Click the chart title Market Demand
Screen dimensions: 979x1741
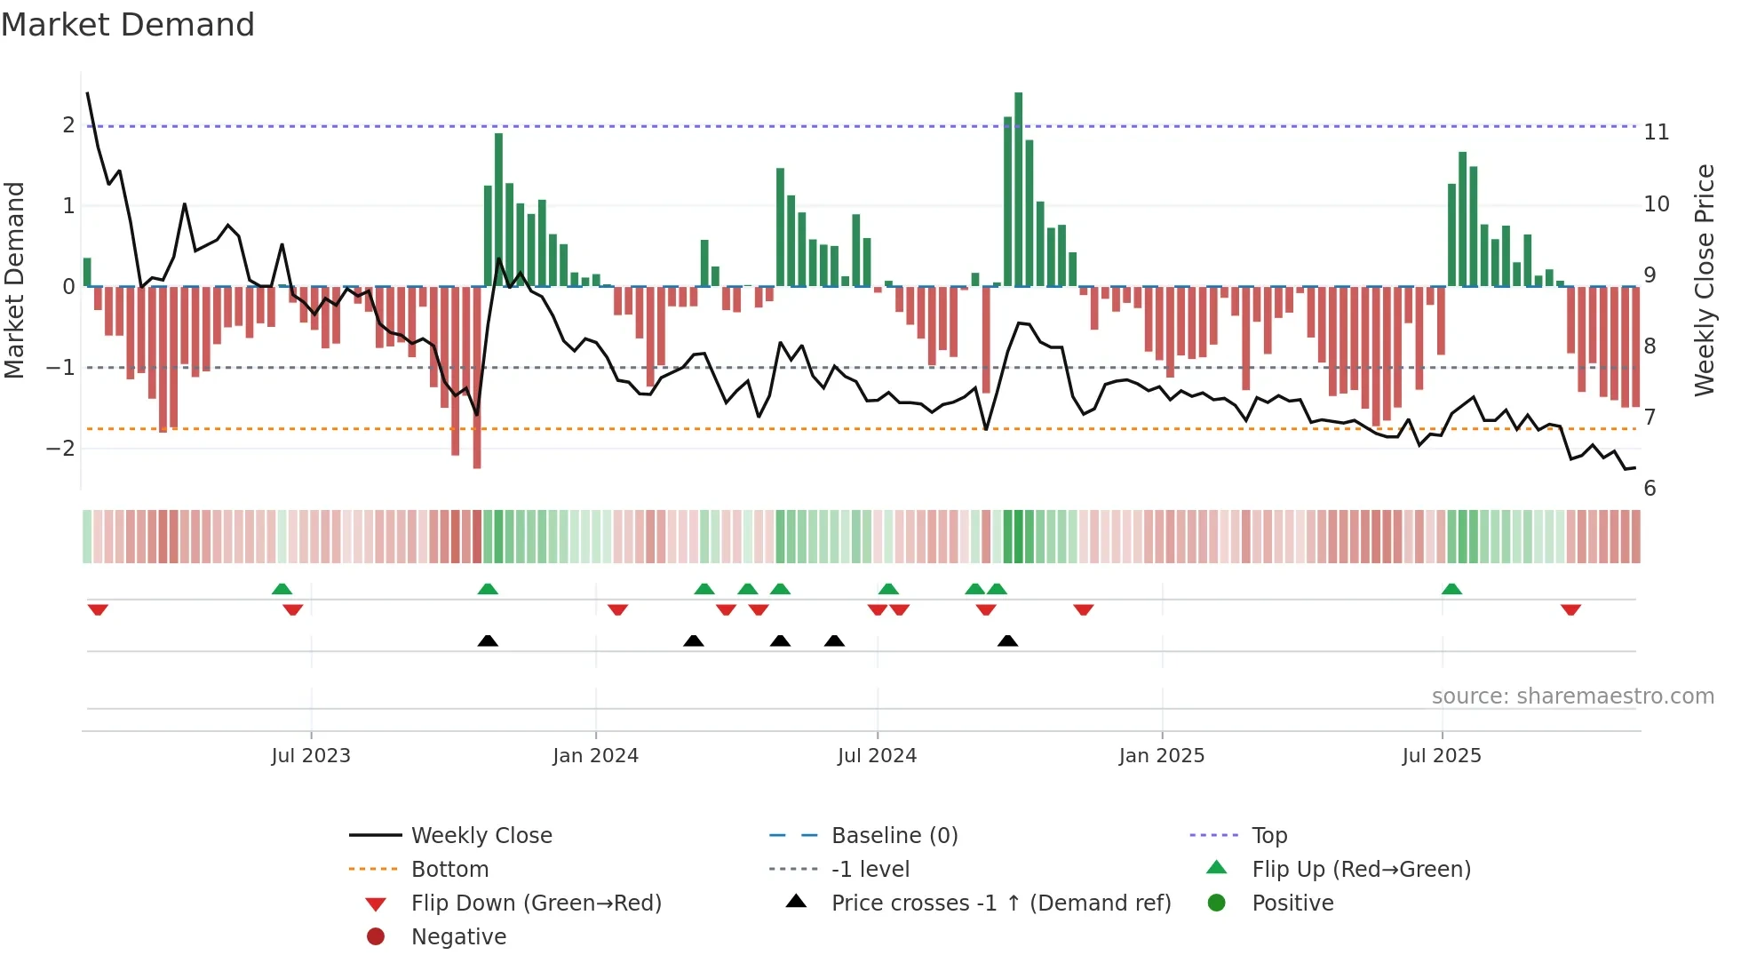click(128, 25)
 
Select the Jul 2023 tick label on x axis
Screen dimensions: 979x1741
click(311, 756)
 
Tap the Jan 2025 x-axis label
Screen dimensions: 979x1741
click(1161, 756)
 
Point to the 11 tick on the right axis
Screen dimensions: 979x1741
click(1657, 132)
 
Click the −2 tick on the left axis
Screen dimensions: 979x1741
click(61, 449)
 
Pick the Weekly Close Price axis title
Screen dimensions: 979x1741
click(1704, 280)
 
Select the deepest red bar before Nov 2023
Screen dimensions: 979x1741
click(477, 378)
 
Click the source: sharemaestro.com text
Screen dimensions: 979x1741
click(1572, 696)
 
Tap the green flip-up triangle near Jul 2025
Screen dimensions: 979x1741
click(1451, 589)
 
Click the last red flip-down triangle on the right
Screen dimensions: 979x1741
click(1570, 609)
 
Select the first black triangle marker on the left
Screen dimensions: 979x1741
click(488, 641)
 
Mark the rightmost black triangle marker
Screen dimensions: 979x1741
click(1007, 641)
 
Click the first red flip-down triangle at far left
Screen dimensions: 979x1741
click(98, 609)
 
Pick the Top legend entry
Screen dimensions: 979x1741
click(1268, 836)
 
